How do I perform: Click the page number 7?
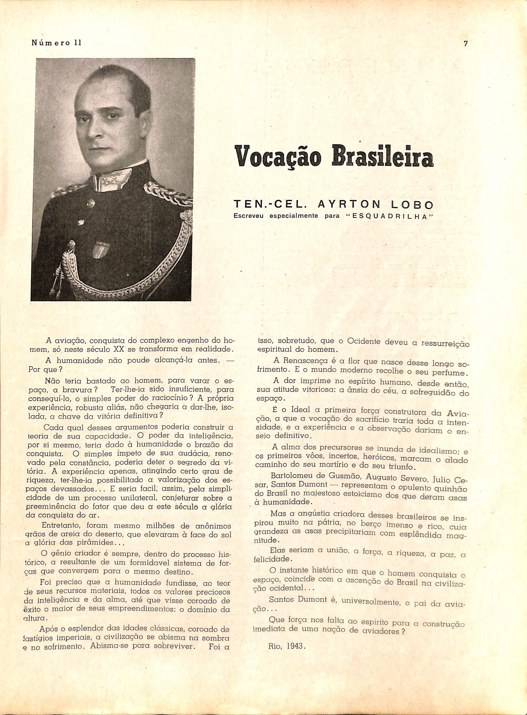click(x=466, y=44)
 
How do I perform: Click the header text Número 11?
click(x=57, y=42)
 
